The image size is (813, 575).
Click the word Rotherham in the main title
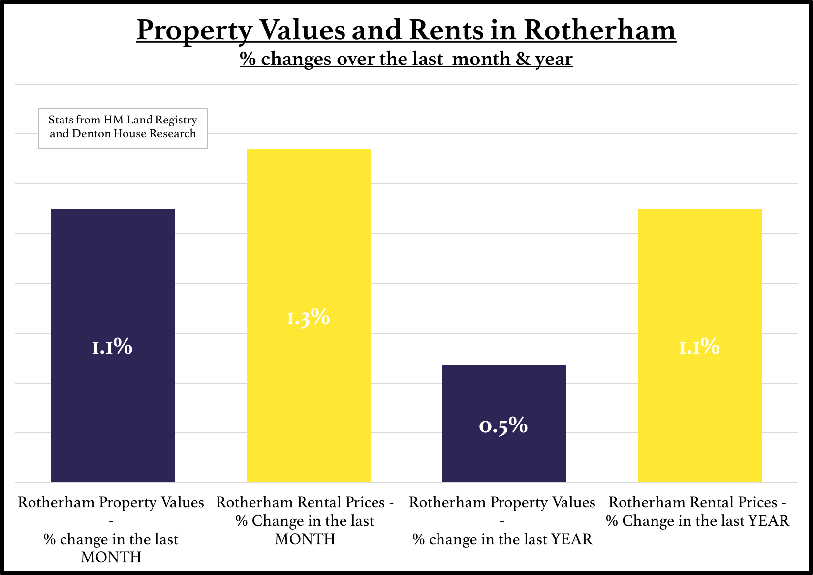[599, 30]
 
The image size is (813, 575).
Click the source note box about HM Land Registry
[123, 128]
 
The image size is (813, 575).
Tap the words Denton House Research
[134, 134]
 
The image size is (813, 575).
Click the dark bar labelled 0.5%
[504, 393]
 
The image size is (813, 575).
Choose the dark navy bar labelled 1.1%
[113, 275]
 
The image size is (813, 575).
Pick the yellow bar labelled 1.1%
[699, 275]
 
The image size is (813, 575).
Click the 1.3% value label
[309, 318]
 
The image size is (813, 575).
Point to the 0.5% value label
[503, 425]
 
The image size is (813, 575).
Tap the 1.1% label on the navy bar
[113, 347]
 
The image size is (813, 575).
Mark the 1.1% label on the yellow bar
[699, 347]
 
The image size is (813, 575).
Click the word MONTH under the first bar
[111, 557]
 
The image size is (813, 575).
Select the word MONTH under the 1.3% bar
[305, 539]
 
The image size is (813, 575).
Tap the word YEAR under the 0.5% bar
[572, 539]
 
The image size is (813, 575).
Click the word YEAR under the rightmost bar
[769, 521]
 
